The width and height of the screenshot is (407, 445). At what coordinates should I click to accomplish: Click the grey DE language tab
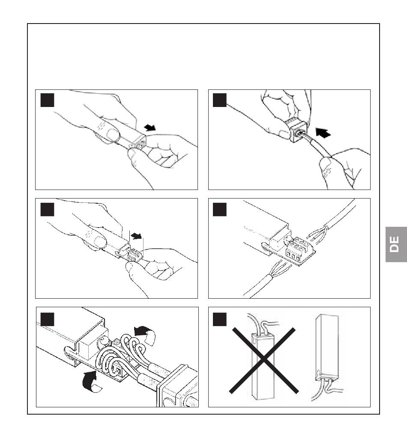pos(396,244)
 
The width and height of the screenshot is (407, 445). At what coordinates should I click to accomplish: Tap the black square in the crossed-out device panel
pos(219,319)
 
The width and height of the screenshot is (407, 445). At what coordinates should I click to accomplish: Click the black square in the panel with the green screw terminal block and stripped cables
pos(219,209)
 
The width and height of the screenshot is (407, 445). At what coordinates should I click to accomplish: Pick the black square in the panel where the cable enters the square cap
pos(219,100)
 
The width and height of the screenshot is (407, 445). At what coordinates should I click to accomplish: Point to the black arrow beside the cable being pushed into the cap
pos(323,133)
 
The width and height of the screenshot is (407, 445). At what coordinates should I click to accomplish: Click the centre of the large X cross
pos(264,360)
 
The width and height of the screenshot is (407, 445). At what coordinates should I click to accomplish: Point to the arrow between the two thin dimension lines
pos(136,236)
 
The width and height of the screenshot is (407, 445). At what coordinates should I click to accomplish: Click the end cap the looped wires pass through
pos(178,386)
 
